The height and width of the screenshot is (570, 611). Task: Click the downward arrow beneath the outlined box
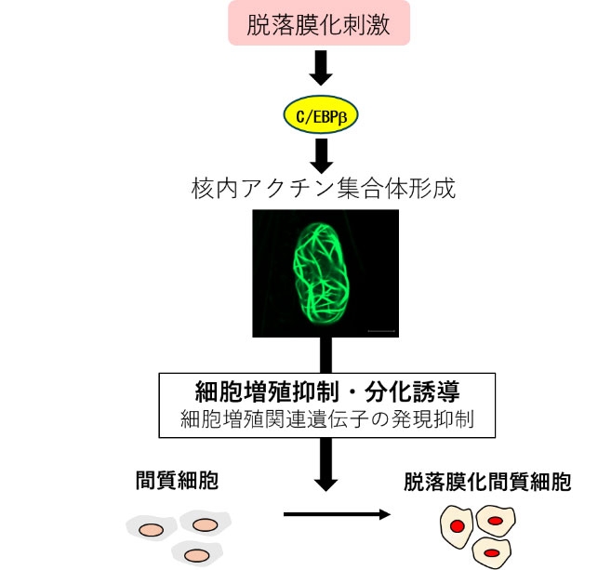pos(325,465)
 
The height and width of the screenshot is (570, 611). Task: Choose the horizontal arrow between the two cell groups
pos(335,513)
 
